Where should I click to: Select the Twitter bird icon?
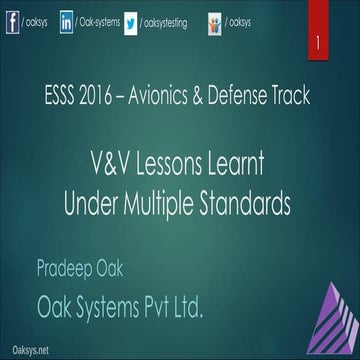[131, 20]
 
